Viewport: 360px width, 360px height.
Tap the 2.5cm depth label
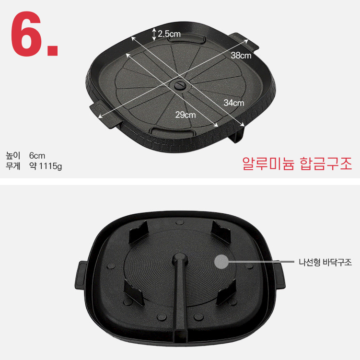pyautogui.click(x=169, y=34)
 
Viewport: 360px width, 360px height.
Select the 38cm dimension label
pyautogui.click(x=241, y=55)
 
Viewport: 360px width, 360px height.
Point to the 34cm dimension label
pyautogui.click(x=234, y=103)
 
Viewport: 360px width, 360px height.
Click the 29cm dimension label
pyautogui.click(x=186, y=115)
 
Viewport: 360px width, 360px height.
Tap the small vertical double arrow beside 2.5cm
pyautogui.click(x=154, y=34)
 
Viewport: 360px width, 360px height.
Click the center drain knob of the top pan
pyautogui.click(x=180, y=85)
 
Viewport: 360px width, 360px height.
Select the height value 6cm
pyautogui.click(x=37, y=156)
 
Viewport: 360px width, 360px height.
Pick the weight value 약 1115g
pyautogui.click(x=46, y=166)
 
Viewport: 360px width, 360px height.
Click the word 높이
pyautogui.click(x=13, y=156)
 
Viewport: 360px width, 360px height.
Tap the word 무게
pyautogui.click(x=13, y=166)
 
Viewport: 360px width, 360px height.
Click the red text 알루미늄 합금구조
pyautogui.click(x=297, y=163)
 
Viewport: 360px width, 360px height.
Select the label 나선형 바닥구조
pyautogui.click(x=325, y=262)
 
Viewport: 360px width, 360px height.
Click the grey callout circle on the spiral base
pyautogui.click(x=221, y=262)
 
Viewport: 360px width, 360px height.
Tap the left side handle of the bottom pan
pyautogui.click(x=81, y=275)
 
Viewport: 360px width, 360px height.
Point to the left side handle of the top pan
pyautogui.click(x=105, y=114)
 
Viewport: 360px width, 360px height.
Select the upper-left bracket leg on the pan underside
pyautogui.click(x=138, y=232)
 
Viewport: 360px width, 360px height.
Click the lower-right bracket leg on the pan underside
pyautogui.click(x=226, y=293)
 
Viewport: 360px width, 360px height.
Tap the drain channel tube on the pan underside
pyautogui.click(x=180, y=296)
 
